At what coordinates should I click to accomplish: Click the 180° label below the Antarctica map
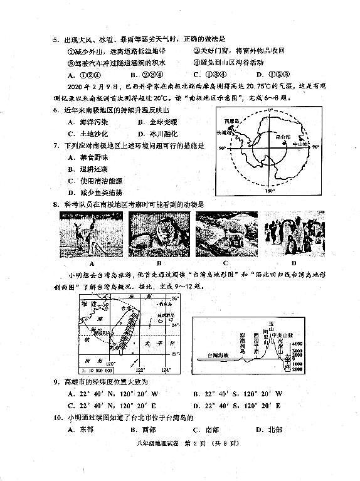pos(271,191)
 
